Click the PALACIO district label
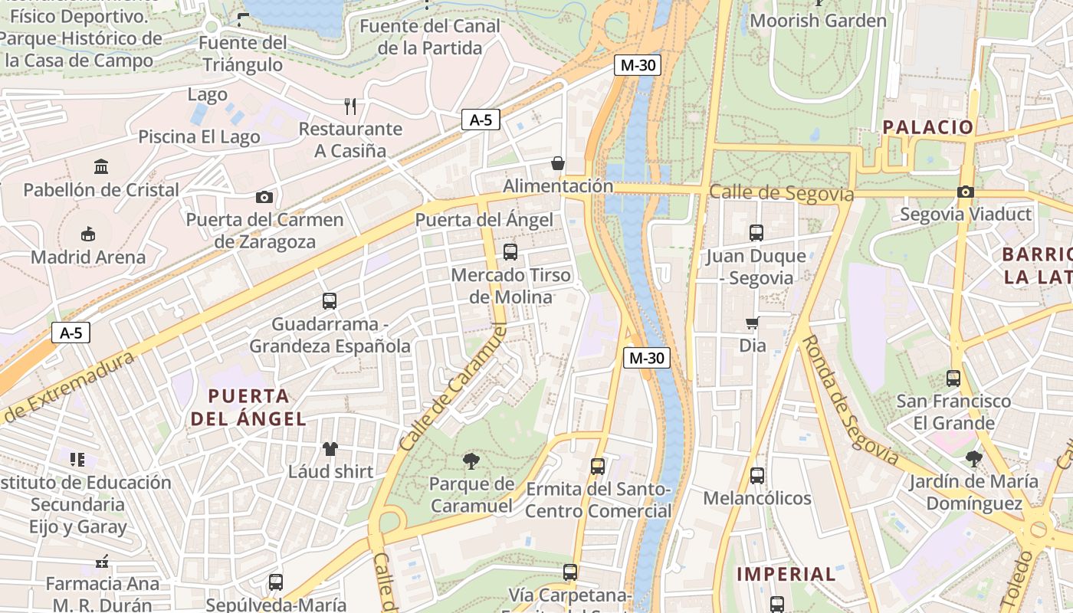coord(928,127)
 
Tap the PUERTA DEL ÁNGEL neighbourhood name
coord(248,408)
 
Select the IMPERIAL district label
coord(786,574)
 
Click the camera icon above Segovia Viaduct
coord(965,192)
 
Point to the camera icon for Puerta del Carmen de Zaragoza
coord(264,197)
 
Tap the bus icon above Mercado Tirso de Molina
coord(510,251)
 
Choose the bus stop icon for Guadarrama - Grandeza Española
coord(330,301)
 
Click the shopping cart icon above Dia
coord(753,323)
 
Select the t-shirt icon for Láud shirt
coord(330,448)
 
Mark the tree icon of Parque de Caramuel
coord(471,461)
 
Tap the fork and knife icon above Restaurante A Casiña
coord(350,106)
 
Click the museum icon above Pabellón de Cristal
coord(101,166)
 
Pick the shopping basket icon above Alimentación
coord(558,163)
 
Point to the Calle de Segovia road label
coord(781,192)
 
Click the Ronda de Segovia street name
coord(851,399)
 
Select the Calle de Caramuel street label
coord(454,388)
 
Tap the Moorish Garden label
coord(818,21)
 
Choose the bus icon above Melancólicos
coord(757,476)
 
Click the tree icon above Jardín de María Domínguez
coord(974,459)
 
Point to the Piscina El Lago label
coord(199,137)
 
